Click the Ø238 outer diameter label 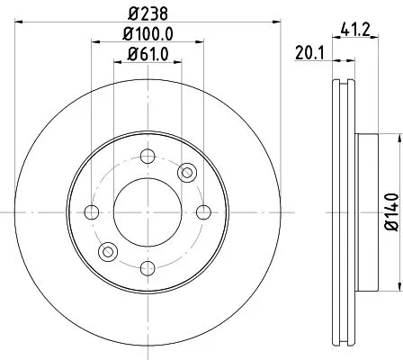(147, 13)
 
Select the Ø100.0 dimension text (147, 35)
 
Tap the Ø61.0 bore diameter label (147, 58)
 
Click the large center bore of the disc (147, 212)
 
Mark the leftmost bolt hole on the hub (91, 212)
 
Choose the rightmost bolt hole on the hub (202, 212)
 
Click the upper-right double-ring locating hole (186, 173)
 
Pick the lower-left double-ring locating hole (107, 252)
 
